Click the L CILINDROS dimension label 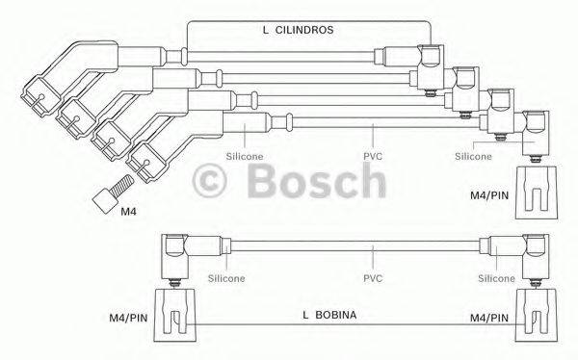298,30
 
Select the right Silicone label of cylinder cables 472,154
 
